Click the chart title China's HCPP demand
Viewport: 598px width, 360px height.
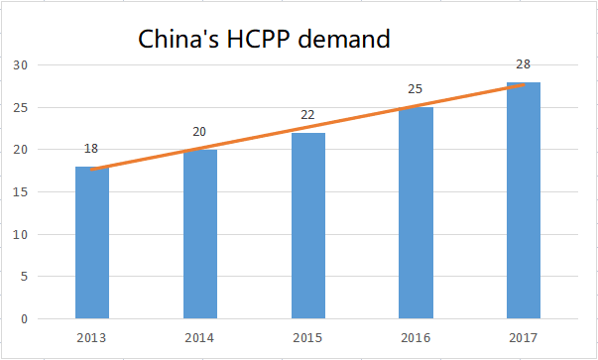coord(264,40)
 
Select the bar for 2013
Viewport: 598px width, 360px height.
coord(91,243)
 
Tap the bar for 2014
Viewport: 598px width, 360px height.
coord(199,234)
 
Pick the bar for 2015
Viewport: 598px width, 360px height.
coord(307,226)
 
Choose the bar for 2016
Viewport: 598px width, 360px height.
coord(416,213)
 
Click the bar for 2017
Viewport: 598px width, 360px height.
coord(524,200)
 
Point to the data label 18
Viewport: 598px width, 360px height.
coord(91,149)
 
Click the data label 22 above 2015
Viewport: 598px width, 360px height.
coord(307,115)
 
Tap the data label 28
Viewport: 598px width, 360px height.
coord(524,64)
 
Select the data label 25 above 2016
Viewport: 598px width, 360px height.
coord(416,89)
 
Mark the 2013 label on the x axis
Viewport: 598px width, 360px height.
coord(91,337)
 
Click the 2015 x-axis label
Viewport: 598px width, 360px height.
coord(307,337)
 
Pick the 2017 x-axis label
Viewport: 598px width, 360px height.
coord(524,337)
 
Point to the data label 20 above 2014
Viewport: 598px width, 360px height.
coord(199,132)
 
